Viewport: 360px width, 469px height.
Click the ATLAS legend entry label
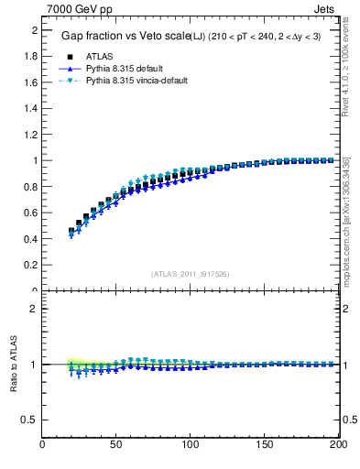coord(101,55)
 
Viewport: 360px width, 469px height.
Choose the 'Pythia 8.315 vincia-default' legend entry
coord(136,81)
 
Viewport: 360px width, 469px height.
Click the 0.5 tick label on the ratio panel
coord(28,420)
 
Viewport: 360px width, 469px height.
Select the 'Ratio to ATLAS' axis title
coord(15,365)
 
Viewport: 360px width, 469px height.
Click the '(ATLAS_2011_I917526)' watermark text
coord(190,274)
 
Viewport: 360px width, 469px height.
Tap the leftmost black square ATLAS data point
coord(71,232)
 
